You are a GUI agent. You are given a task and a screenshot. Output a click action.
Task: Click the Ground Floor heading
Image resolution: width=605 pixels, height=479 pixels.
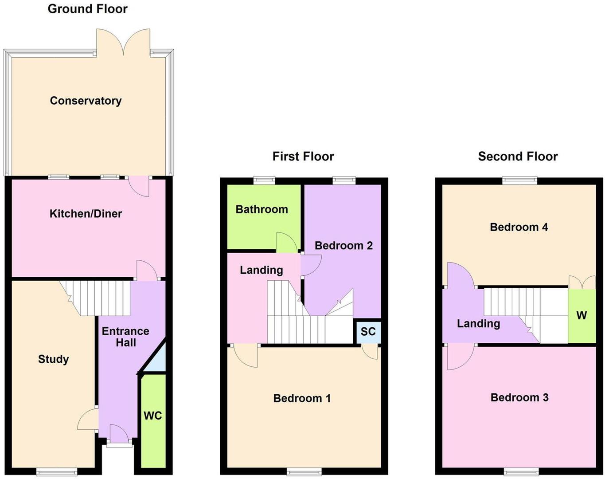click(x=87, y=9)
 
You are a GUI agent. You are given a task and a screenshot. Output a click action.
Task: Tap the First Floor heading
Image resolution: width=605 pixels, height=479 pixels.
click(x=303, y=157)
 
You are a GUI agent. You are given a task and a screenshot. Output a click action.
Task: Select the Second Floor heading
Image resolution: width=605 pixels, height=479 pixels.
click(x=518, y=157)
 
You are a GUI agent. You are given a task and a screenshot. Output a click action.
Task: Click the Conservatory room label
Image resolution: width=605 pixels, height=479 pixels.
click(x=86, y=101)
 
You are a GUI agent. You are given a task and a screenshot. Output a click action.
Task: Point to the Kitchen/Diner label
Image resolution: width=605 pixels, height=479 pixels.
click(x=86, y=214)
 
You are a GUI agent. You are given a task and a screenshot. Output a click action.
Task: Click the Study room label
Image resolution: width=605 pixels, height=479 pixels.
click(x=53, y=359)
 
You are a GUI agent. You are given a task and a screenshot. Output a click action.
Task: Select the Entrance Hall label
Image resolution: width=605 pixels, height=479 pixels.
click(x=125, y=337)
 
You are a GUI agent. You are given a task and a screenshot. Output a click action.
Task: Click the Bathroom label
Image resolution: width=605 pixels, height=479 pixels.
click(x=262, y=209)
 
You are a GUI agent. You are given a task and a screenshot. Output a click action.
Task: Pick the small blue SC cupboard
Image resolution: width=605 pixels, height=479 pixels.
click(x=368, y=332)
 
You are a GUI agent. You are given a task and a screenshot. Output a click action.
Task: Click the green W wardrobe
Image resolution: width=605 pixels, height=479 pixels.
click(x=582, y=315)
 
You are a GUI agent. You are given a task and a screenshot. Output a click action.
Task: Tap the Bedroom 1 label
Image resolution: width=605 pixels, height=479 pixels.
click(x=302, y=398)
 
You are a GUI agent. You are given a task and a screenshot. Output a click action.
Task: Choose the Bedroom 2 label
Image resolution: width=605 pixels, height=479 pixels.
click(x=343, y=246)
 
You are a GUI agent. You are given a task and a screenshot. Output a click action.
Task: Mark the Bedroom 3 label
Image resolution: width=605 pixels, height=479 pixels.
click(x=519, y=397)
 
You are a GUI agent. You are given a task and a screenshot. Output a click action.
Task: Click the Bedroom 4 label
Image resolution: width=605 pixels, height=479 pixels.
click(x=519, y=227)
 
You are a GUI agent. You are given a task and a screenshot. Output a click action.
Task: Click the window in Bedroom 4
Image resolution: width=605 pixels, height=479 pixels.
click(x=519, y=180)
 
